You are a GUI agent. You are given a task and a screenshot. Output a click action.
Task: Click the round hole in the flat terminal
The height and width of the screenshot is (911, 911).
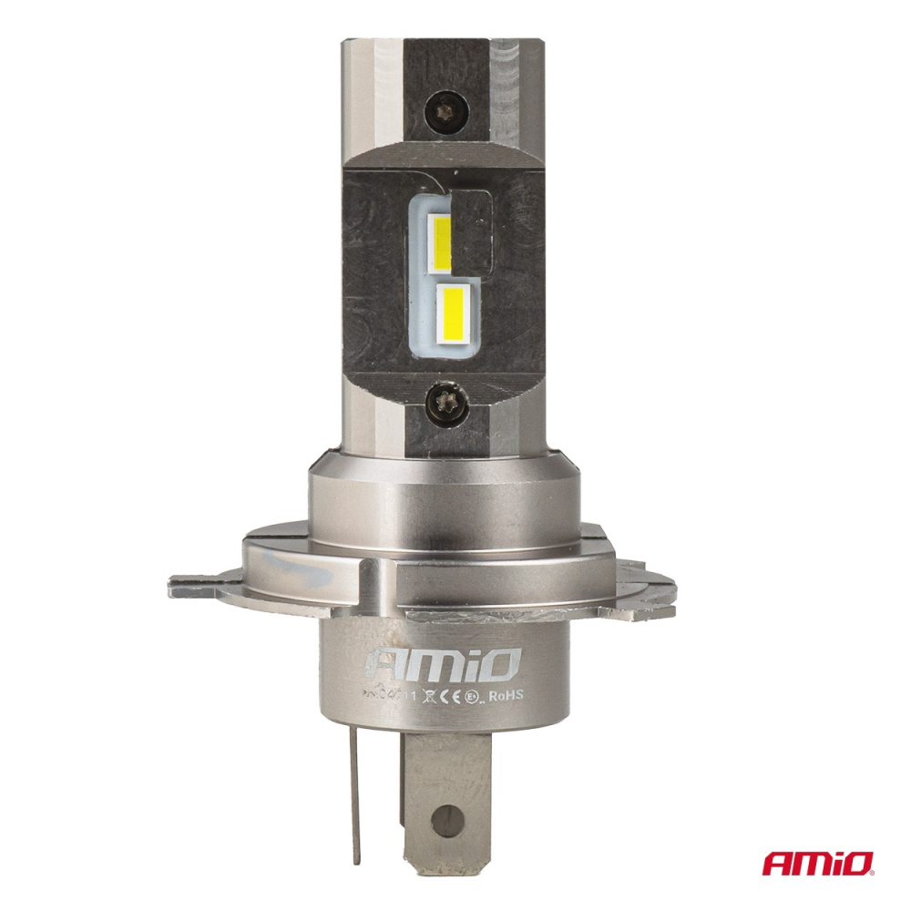[445, 816]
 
